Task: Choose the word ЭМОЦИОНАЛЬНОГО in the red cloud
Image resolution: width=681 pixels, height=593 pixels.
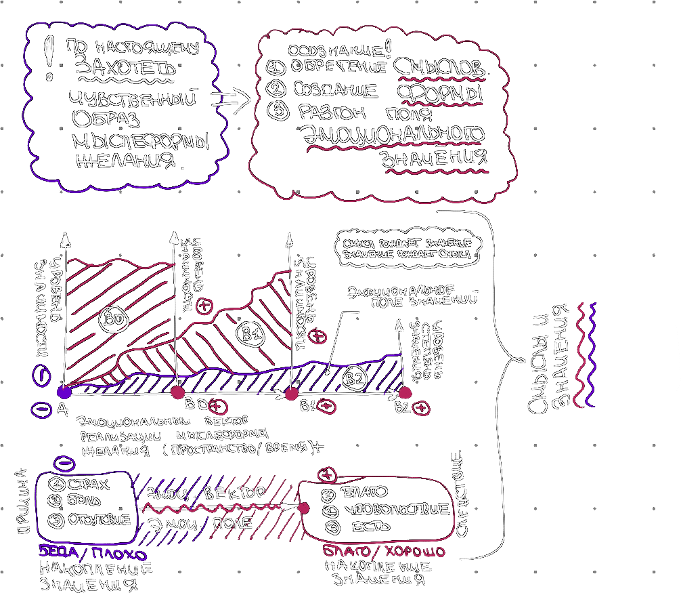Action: [x=393, y=134]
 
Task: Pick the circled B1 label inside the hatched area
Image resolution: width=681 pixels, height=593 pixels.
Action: [x=252, y=334]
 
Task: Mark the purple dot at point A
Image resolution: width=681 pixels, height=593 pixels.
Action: [x=64, y=392]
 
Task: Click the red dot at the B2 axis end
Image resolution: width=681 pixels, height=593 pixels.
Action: [x=405, y=392]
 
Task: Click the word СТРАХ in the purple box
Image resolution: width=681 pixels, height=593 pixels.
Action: [x=88, y=485]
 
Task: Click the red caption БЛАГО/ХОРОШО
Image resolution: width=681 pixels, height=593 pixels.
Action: [x=384, y=551]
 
